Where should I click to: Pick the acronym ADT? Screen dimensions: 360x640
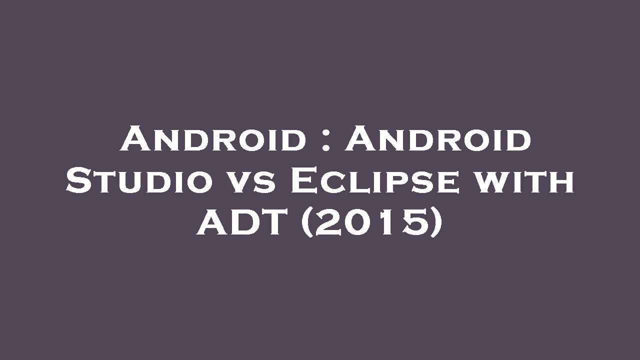(244, 223)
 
